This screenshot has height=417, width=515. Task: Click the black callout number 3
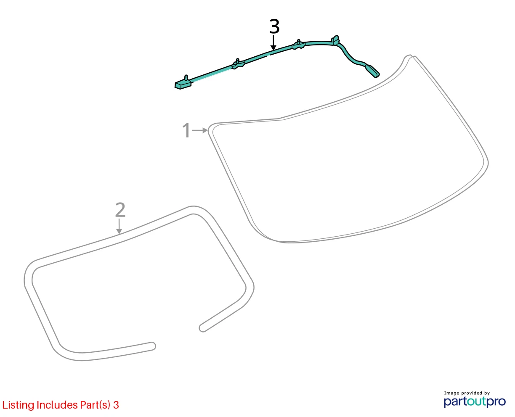point(274,26)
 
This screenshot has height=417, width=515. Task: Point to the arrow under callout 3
point(273,42)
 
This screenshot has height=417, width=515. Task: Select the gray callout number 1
point(186,130)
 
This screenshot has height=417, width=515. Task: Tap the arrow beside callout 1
point(200,130)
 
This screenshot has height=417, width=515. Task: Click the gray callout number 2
point(120,210)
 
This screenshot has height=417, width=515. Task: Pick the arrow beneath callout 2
point(119,226)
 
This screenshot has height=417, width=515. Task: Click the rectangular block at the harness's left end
point(183,85)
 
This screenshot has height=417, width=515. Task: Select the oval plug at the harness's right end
point(373,71)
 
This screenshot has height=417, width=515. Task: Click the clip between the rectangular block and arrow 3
point(238,64)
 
